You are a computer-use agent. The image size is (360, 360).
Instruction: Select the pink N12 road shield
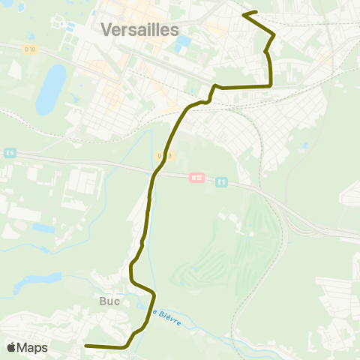coord(196,178)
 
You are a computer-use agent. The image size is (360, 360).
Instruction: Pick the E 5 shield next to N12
coord(221,181)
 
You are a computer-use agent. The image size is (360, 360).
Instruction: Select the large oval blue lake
coord(51,88)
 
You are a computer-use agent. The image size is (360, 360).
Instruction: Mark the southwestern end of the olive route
coord(85,346)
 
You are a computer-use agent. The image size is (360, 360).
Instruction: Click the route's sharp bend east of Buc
coord(154,292)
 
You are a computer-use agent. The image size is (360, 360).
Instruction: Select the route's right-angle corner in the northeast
coord(270,86)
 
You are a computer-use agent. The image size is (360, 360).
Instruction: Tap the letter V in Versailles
coord(106,30)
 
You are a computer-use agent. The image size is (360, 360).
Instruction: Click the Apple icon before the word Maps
coord(11,347)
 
